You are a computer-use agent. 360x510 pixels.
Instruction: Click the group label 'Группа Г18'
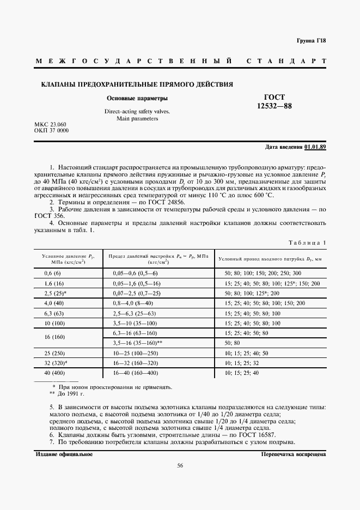coord(311,41)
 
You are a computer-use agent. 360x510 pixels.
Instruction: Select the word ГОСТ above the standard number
coord(274,96)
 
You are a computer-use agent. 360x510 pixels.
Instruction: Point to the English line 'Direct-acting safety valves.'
coord(137,111)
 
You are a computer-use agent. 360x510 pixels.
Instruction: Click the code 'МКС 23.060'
coord(50,125)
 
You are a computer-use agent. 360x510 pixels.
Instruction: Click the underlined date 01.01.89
coord(315,147)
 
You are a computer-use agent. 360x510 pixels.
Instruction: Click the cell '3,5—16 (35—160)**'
coord(138,343)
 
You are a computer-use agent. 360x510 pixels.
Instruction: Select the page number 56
coord(180,465)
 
